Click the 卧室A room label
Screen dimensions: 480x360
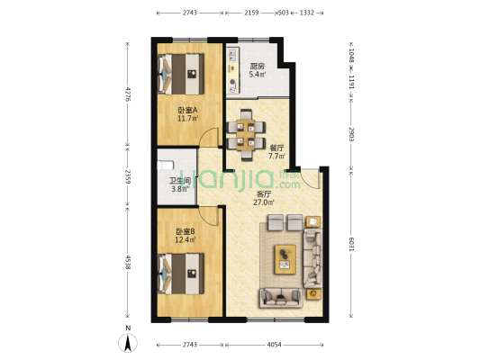click(x=187, y=110)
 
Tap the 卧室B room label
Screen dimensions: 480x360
click(x=186, y=231)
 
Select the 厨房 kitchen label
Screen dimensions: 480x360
click(x=258, y=66)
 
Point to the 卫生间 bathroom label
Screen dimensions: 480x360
click(x=180, y=181)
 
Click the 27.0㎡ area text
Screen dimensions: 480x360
click(x=264, y=202)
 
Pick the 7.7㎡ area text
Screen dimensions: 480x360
click(x=276, y=157)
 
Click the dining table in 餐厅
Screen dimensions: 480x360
click(x=246, y=135)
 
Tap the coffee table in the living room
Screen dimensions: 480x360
click(x=285, y=259)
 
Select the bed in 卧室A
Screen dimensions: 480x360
click(x=181, y=74)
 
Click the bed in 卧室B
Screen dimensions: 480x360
click(x=181, y=274)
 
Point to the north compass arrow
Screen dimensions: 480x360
click(x=128, y=343)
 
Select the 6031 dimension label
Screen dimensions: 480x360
click(x=351, y=244)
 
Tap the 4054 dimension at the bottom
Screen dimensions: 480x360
click(x=274, y=345)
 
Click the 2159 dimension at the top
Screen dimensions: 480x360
click(x=251, y=13)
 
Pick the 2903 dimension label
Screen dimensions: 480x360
click(x=351, y=134)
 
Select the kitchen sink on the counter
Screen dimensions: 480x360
click(x=231, y=55)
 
